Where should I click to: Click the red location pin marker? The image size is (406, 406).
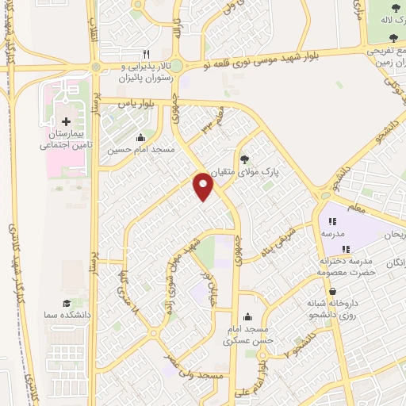pyautogui.click(x=204, y=186)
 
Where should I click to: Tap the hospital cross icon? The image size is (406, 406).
pyautogui.click(x=66, y=121)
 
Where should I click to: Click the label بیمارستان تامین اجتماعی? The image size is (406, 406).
pyautogui.click(x=66, y=140)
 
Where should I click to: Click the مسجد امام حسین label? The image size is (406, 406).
pyautogui.click(x=141, y=148)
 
